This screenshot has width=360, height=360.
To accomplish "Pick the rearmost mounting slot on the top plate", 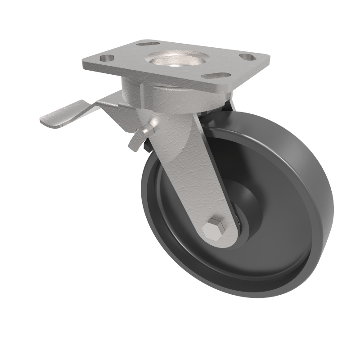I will click(x=149, y=44).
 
